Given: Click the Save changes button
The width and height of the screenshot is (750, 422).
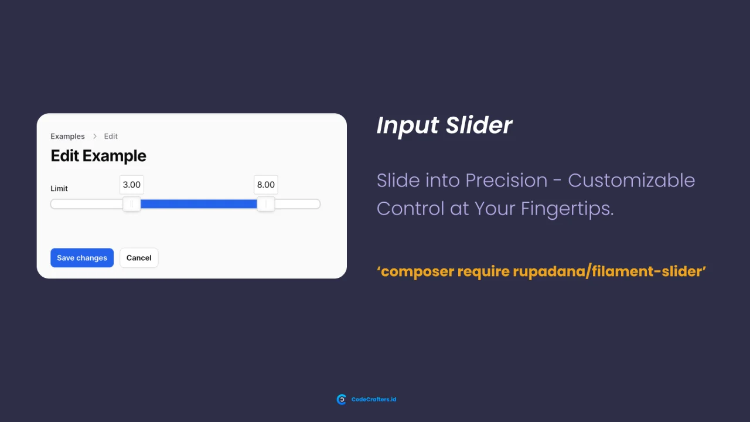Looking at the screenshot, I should click(x=82, y=258).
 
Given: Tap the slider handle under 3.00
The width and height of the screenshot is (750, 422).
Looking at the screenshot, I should click(x=131, y=204).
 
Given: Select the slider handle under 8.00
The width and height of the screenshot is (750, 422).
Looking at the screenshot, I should click(x=266, y=204).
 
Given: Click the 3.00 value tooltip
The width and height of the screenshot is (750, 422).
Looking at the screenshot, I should click(x=131, y=185).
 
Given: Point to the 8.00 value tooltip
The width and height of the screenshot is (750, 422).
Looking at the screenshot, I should click(x=265, y=185).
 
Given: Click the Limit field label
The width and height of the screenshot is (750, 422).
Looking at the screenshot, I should click(x=59, y=189).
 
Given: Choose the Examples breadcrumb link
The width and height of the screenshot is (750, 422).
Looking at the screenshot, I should click(x=67, y=137).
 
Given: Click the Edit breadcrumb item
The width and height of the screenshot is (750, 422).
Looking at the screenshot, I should click(x=111, y=137).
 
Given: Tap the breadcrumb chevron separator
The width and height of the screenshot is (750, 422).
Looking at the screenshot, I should click(x=95, y=137).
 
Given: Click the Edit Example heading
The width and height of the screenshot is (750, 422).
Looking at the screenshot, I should click(x=98, y=156).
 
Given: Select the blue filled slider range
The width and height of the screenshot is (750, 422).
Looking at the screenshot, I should click(x=199, y=204).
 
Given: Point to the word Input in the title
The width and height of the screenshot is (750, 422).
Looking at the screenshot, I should click(x=407, y=125).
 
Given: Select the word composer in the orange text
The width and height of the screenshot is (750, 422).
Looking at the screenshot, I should click(x=417, y=271).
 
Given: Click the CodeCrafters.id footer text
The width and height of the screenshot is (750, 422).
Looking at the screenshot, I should click(x=374, y=400).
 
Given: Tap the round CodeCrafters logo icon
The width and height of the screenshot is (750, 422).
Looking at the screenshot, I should click(x=341, y=400).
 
